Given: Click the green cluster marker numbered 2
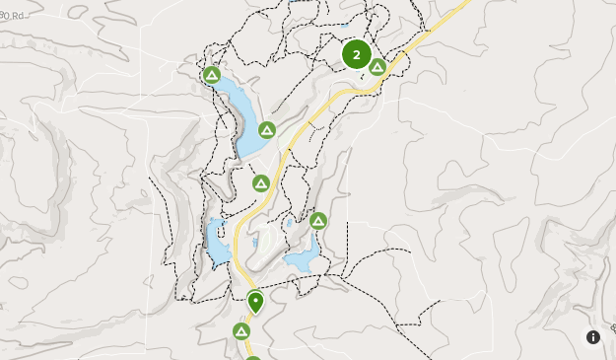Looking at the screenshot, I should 357,54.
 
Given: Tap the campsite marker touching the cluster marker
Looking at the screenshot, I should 377,67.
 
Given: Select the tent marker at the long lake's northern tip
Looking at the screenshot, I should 211,75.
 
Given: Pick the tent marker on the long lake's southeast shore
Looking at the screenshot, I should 266,130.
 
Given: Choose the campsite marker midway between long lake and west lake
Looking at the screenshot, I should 260,183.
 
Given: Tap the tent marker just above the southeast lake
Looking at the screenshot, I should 318,221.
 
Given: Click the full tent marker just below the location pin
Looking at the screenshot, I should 241,330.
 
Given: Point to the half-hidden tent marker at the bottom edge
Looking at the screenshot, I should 253,357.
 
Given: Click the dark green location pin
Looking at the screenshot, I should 255,301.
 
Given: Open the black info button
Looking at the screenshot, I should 593,337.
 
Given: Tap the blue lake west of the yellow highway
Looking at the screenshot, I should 217,242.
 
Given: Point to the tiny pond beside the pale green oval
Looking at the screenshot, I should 255,242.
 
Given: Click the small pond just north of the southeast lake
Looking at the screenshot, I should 290,224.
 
